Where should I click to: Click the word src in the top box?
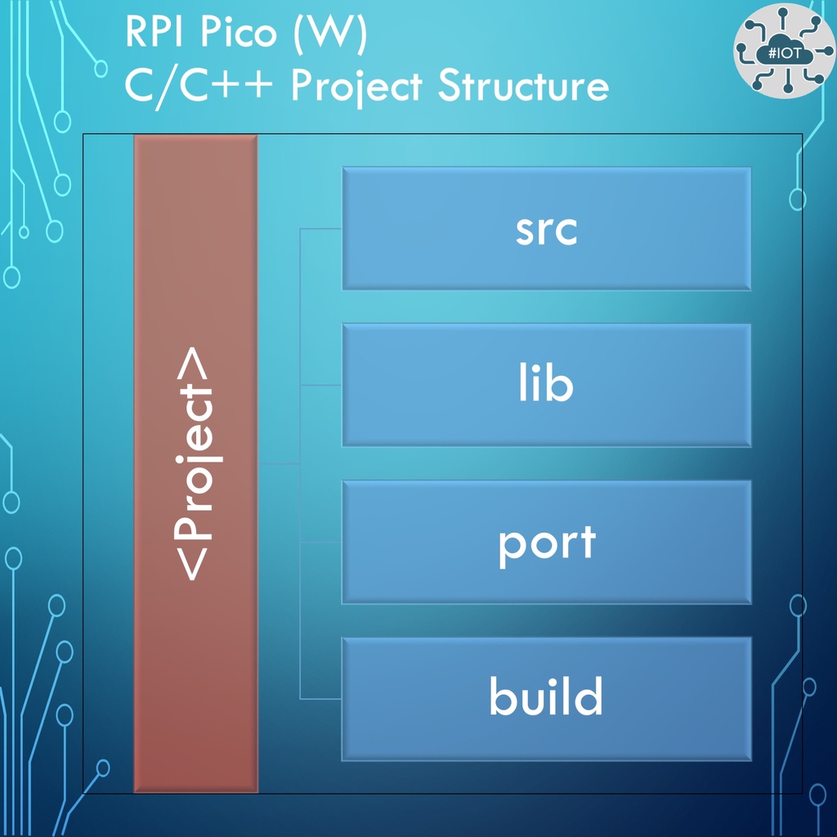(546, 231)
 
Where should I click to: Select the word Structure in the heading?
(523, 85)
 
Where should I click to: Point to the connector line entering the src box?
(321, 230)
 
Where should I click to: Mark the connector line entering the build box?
(321, 699)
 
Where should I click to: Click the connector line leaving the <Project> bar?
(279, 464)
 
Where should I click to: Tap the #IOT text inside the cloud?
(783, 52)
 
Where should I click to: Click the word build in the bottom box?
(546, 697)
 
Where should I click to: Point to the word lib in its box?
(546, 385)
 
